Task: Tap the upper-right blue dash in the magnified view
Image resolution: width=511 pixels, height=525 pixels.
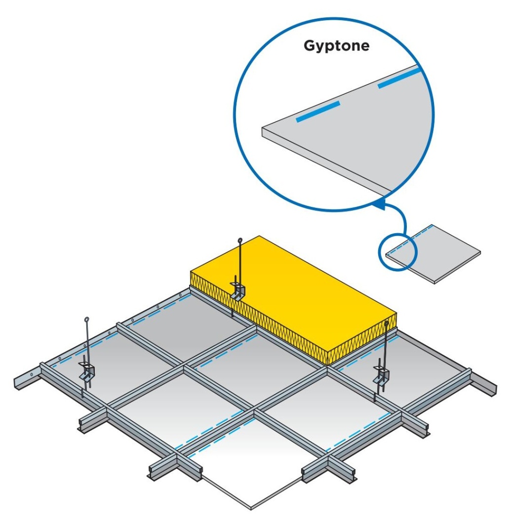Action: tap(399, 78)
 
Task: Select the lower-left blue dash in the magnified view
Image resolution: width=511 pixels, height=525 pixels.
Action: tap(318, 112)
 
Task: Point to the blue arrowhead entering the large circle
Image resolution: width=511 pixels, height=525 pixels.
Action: tap(379, 204)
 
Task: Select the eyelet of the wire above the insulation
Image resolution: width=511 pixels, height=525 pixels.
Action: tap(239, 241)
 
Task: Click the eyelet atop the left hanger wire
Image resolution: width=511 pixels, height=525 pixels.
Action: tap(87, 320)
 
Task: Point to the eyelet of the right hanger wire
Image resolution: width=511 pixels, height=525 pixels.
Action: tap(387, 323)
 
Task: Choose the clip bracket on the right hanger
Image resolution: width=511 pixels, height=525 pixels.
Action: tap(381, 375)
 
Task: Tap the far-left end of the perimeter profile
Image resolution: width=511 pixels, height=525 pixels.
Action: tap(17, 384)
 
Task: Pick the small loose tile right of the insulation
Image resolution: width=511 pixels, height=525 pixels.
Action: tap(433, 254)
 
